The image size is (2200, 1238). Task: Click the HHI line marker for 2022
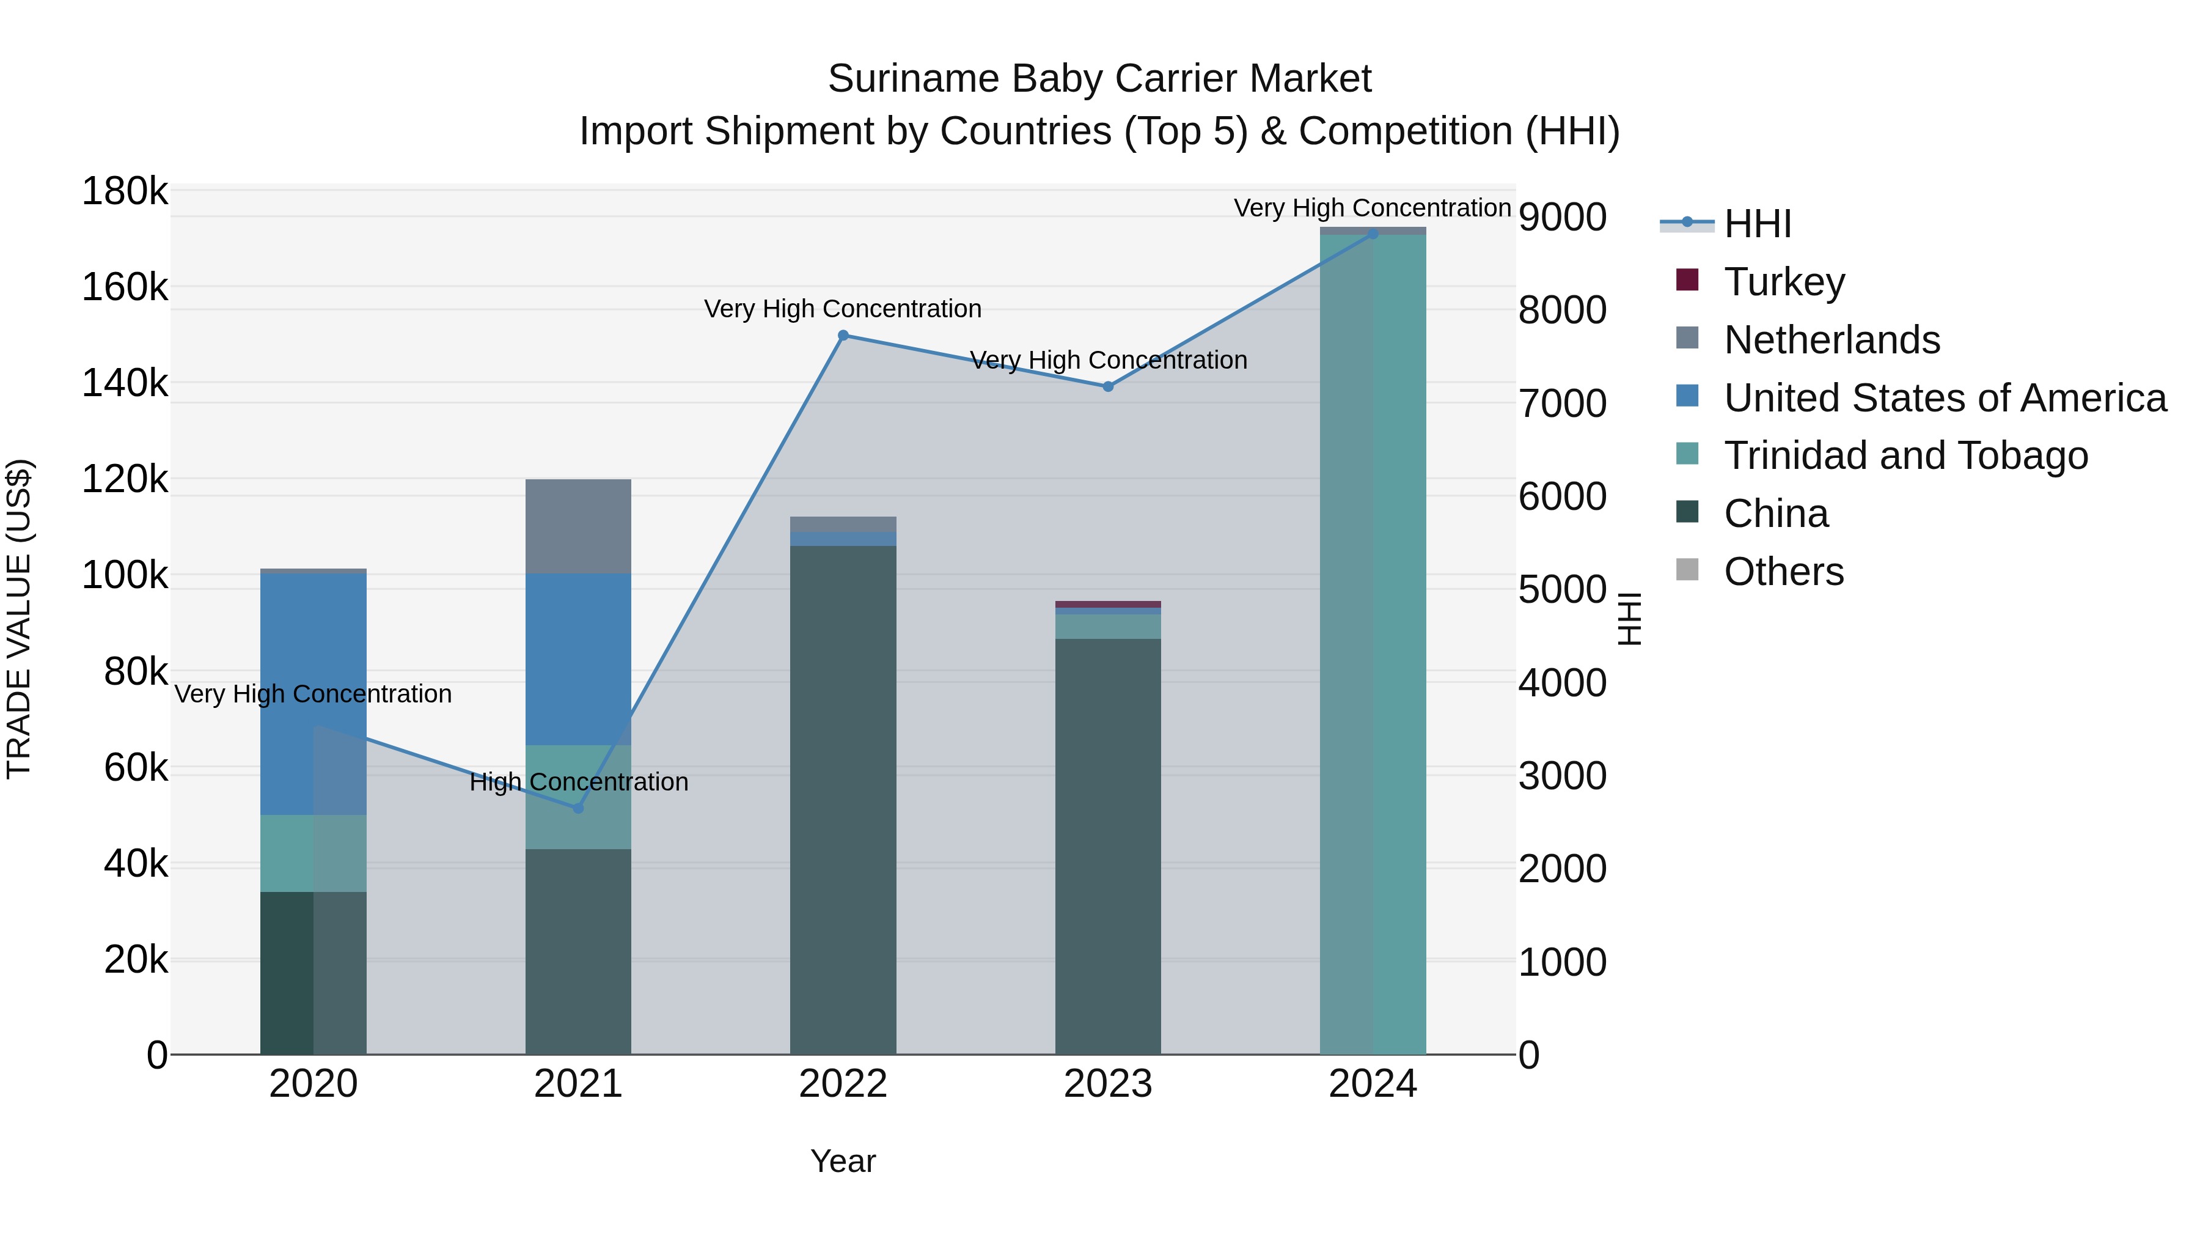(x=843, y=336)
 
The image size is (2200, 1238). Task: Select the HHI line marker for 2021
(x=578, y=808)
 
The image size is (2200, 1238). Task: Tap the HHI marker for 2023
(x=1108, y=386)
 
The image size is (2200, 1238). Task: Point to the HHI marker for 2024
(x=1373, y=234)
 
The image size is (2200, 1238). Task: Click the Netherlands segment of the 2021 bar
(x=578, y=526)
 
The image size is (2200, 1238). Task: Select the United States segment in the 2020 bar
(x=313, y=692)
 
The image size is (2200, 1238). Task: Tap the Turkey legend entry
(x=1783, y=282)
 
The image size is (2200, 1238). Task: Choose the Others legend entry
(x=1783, y=572)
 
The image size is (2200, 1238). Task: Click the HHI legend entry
(x=1757, y=224)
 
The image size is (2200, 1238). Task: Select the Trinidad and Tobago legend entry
(x=1904, y=455)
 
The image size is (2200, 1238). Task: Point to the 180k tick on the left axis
(x=125, y=191)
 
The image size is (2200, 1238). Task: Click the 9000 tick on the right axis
(x=1562, y=217)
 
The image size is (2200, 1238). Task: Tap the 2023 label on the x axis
(x=1108, y=1084)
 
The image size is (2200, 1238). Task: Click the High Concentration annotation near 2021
(x=578, y=782)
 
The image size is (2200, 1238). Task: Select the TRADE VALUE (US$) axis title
(x=19, y=619)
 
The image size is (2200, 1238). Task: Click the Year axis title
(x=843, y=1161)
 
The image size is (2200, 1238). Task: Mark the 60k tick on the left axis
(x=135, y=768)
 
